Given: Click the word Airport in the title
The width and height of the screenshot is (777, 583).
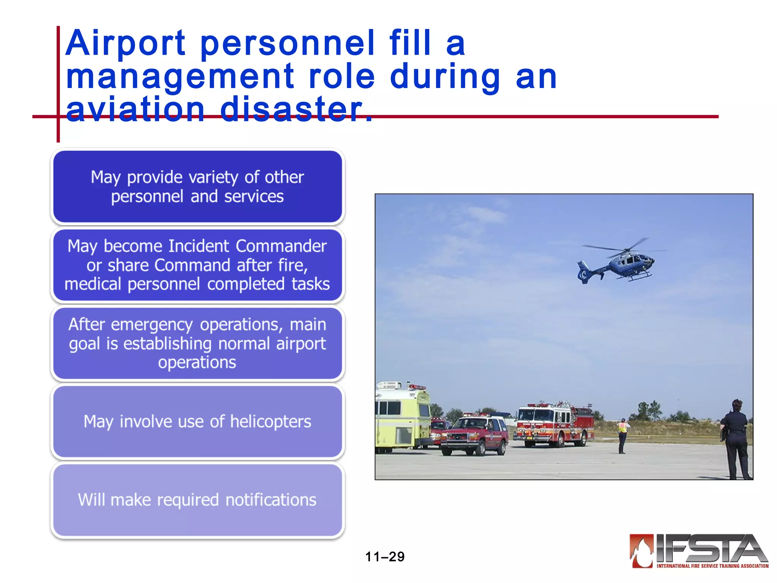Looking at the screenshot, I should coord(125,44).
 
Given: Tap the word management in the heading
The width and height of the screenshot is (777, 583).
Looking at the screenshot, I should coord(180,77).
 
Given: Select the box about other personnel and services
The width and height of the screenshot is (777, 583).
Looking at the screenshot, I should coord(197,187).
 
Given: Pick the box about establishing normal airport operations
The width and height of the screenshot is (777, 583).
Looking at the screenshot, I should coord(197,343).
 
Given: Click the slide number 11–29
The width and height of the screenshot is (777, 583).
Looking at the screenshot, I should coord(385,557).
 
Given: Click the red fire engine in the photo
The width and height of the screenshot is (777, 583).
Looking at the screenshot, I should coord(554,423).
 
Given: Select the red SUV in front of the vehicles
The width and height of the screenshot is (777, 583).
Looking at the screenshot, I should coord(474,435).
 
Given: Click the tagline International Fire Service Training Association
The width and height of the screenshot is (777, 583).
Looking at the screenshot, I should coord(713,566).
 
